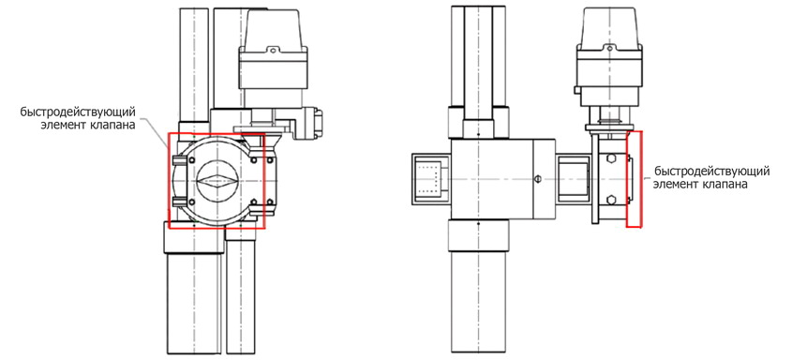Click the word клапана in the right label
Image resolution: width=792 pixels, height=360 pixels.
[x=725, y=185]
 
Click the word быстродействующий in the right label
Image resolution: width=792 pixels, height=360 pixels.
[x=712, y=171]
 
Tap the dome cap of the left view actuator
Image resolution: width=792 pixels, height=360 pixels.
[x=274, y=28]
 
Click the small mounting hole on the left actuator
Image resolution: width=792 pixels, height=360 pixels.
[x=273, y=50]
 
